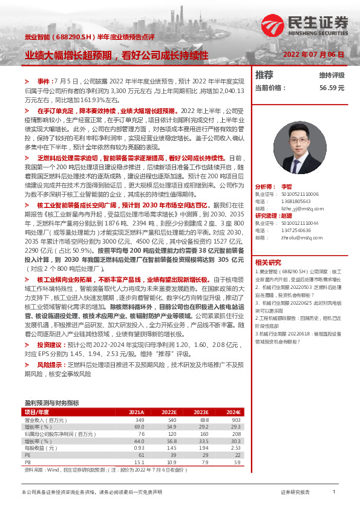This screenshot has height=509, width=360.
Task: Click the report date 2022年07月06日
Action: point(313,54)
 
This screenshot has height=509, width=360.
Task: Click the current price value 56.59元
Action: point(332,87)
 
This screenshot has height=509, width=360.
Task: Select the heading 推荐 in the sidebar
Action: point(264,75)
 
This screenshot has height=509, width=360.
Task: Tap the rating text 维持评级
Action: point(332,76)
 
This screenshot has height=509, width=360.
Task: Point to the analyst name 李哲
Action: point(287,187)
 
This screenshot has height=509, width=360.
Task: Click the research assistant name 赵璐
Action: point(287,216)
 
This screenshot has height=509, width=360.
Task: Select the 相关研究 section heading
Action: point(268,262)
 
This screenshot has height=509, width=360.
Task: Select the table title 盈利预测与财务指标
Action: point(51,403)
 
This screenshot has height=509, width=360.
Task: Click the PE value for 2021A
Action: point(141,455)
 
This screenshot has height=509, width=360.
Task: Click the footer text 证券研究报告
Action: point(295,493)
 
